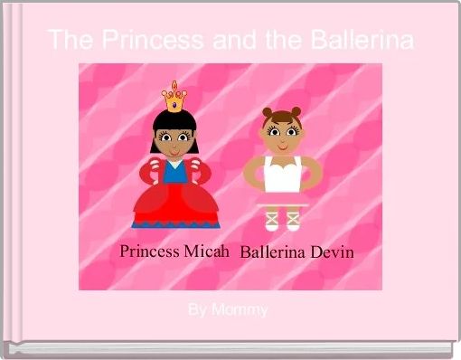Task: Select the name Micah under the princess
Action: [x=208, y=251]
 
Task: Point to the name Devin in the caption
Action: [x=330, y=251]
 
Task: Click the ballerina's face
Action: [x=280, y=136]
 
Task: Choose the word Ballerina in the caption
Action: [x=273, y=251]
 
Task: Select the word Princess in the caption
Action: [x=149, y=251]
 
